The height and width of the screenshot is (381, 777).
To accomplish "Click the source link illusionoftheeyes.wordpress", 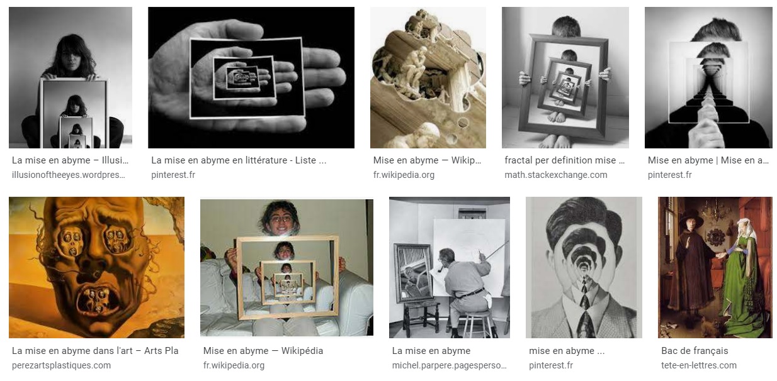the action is pyautogui.click(x=69, y=175).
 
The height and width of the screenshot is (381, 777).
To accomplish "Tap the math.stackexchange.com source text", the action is pyautogui.click(x=556, y=175).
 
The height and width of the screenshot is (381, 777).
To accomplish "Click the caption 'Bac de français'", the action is pyautogui.click(x=695, y=351).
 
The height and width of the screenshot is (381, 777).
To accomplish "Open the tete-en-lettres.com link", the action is pyautogui.click(x=698, y=365).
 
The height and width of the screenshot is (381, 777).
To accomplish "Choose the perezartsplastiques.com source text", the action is pyautogui.click(x=62, y=365).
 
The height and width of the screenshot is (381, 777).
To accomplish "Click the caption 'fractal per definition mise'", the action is pyautogui.click(x=560, y=160).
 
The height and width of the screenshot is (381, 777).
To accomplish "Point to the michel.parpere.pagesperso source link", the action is pyautogui.click(x=449, y=365).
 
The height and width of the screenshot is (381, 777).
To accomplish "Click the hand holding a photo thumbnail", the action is pyautogui.click(x=251, y=77).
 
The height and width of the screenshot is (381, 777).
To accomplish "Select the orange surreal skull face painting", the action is pyautogui.click(x=96, y=267).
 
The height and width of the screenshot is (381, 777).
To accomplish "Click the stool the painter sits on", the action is pyautogui.click(x=477, y=322).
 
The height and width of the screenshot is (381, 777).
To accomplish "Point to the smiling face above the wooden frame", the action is pyautogui.click(x=280, y=219).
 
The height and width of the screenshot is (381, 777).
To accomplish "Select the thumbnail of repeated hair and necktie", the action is pyautogui.click(x=584, y=267).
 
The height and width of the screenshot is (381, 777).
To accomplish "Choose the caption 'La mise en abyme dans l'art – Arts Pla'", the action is pyautogui.click(x=95, y=351).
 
